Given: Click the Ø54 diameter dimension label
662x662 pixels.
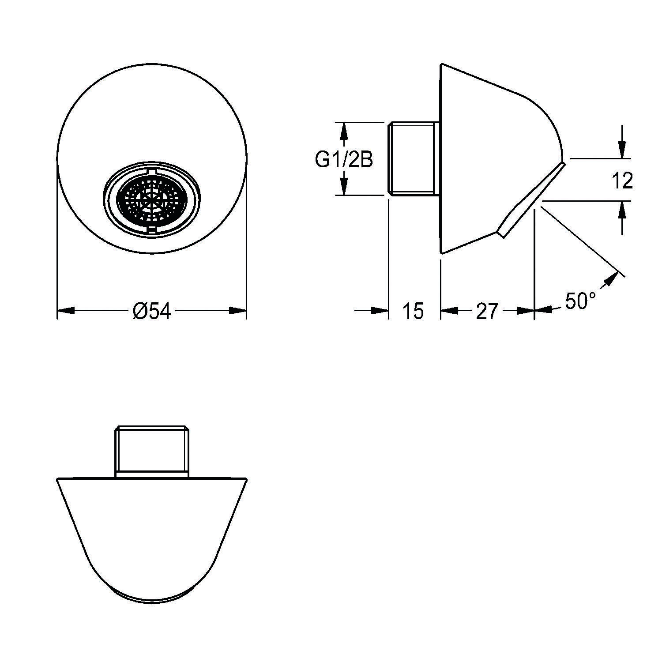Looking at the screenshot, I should click(x=151, y=311).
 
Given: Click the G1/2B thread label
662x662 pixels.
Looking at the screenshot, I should click(x=344, y=160).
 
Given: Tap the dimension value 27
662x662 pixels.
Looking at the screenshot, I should click(x=487, y=311).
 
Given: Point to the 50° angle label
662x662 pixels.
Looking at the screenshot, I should click(x=580, y=301).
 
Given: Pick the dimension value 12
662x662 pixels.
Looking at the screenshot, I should click(x=622, y=181).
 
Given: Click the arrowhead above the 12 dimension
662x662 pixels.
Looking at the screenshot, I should click(x=622, y=150).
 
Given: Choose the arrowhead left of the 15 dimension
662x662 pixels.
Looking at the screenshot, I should click(x=380, y=311).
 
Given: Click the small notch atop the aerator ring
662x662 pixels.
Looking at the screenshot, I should click(x=151, y=171).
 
